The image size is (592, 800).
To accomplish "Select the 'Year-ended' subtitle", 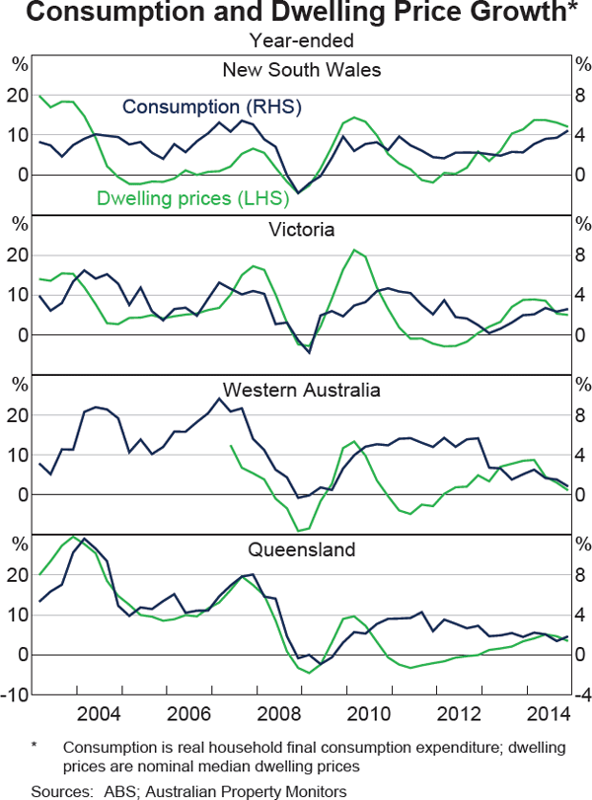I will (x=301, y=41).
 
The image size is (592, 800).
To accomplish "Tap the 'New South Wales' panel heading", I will (x=301, y=69).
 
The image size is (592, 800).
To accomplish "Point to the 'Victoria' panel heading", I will (x=301, y=230).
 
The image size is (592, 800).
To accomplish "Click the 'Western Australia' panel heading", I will (x=301, y=390).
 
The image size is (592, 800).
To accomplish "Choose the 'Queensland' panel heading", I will (x=301, y=549).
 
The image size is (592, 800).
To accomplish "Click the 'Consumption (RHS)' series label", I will (x=212, y=107).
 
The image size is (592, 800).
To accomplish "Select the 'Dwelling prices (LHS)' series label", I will (x=191, y=198).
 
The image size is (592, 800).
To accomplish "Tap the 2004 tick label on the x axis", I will (x=100, y=712).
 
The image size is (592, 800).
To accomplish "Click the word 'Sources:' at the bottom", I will (x=58, y=789).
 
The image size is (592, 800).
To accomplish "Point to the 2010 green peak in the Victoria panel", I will (x=355, y=250).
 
